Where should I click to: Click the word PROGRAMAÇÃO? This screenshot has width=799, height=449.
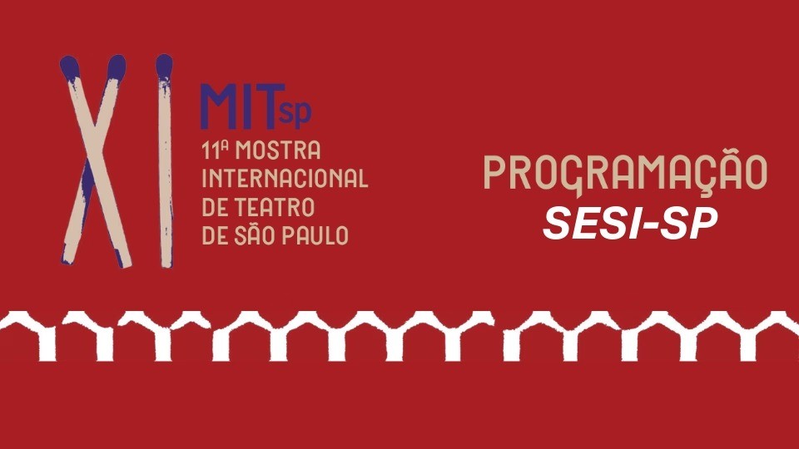[x=625, y=172]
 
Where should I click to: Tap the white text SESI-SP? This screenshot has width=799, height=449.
[x=630, y=224]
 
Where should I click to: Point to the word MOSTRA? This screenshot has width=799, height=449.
[x=278, y=150]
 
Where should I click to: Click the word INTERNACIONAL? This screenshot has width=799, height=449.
[x=285, y=178]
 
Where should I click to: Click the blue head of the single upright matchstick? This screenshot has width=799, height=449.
[x=164, y=67]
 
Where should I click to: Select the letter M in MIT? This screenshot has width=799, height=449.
[x=219, y=106]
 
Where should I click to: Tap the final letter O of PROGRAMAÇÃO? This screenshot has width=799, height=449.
[x=754, y=172]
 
